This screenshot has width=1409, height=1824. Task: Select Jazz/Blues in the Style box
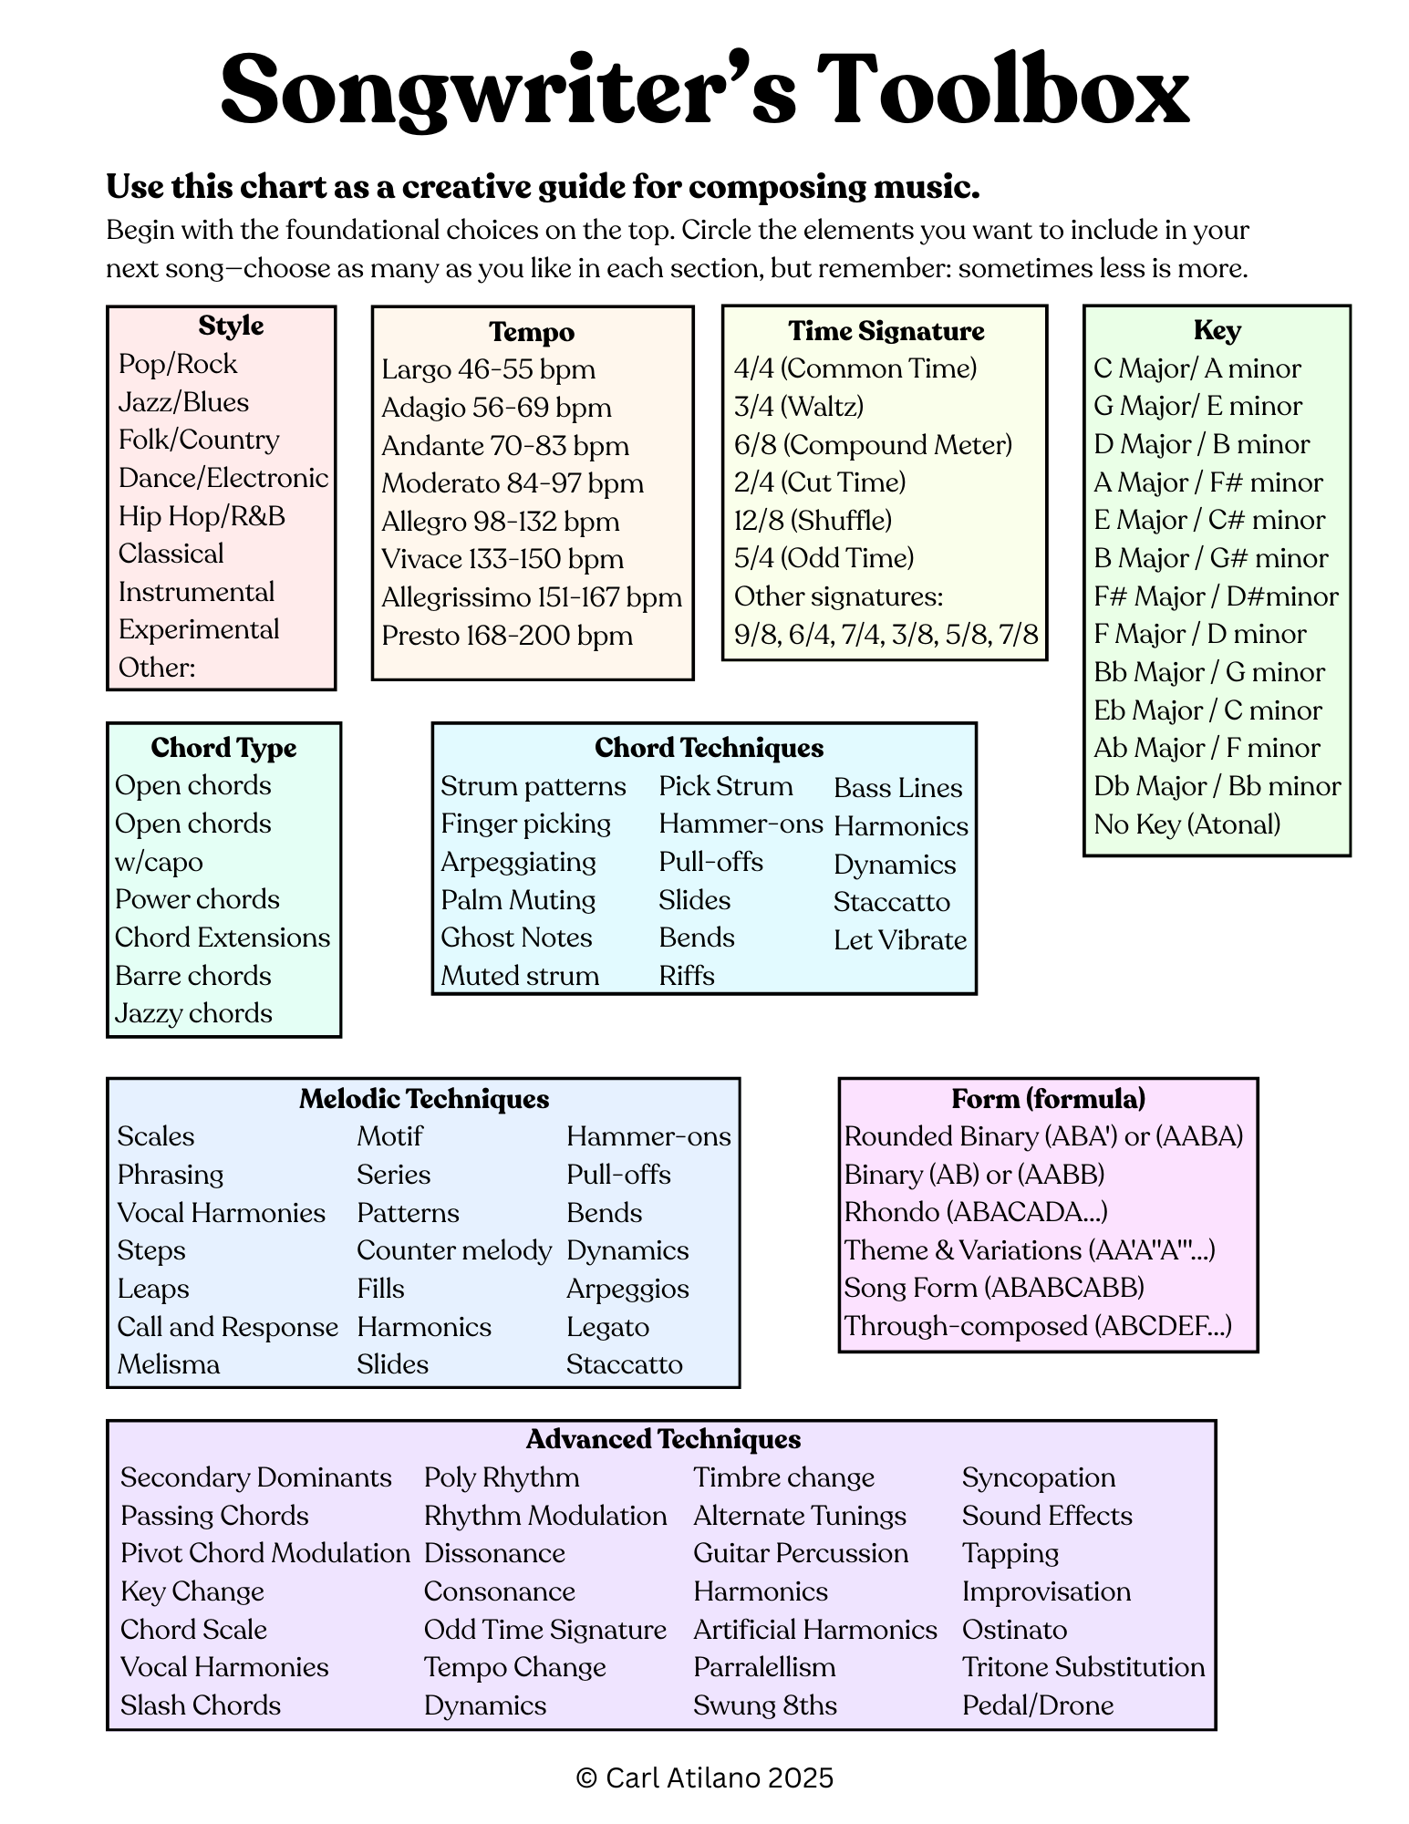(183, 402)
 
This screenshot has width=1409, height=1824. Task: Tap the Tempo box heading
(532, 332)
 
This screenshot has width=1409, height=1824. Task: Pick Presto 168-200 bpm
(506, 636)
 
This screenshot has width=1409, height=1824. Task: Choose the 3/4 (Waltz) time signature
(798, 407)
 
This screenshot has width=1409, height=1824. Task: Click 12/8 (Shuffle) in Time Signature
(813, 521)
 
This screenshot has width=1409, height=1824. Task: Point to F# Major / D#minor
(1216, 596)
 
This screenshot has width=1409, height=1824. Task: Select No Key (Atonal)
(1186, 824)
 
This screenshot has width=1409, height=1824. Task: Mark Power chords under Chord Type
(197, 899)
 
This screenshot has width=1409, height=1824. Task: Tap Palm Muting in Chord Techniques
(518, 900)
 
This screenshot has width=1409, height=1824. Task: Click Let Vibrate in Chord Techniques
(899, 940)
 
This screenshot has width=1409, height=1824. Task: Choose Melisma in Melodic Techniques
(169, 1364)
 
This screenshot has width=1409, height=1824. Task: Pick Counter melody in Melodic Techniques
(454, 1250)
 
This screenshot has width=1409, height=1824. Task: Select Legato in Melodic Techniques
(607, 1327)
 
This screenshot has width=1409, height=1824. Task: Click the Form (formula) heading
(1048, 1099)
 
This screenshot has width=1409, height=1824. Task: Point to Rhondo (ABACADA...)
(976, 1212)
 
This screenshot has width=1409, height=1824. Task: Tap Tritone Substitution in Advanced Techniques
(1083, 1667)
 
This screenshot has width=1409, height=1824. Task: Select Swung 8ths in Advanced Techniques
(764, 1705)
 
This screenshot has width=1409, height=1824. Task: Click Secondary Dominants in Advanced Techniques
(256, 1477)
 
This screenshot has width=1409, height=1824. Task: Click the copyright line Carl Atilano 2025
(705, 1777)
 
